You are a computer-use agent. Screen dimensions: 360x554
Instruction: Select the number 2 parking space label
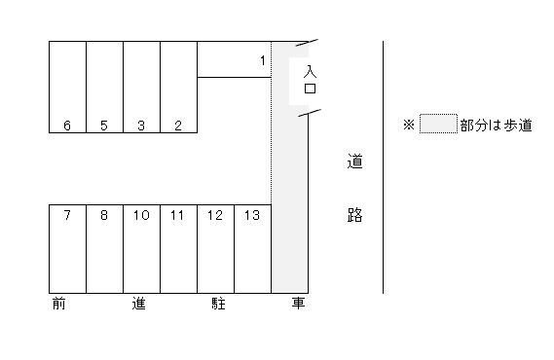[178, 125]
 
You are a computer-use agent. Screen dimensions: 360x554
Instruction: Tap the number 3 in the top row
[141, 125]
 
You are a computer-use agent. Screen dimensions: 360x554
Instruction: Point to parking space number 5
[104, 125]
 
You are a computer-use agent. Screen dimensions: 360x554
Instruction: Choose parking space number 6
[67, 125]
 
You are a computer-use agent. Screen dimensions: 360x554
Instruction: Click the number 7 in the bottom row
[67, 215]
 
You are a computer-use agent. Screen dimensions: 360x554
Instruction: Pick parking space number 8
[104, 215]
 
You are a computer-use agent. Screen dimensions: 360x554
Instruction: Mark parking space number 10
[141, 215]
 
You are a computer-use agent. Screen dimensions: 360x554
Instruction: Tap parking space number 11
[178, 215]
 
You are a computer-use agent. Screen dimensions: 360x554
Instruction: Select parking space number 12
[215, 215]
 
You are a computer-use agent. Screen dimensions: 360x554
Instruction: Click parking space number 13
[252, 215]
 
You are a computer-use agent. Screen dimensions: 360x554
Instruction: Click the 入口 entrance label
[310, 80]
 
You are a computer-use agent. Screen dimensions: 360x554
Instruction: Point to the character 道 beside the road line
[355, 162]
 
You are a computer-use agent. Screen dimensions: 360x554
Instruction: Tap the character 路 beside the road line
[355, 215]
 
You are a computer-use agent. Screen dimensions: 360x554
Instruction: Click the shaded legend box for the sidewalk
[438, 125]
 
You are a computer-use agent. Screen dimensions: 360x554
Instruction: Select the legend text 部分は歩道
[496, 126]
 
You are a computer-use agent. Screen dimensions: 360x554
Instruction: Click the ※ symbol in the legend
[409, 126]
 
